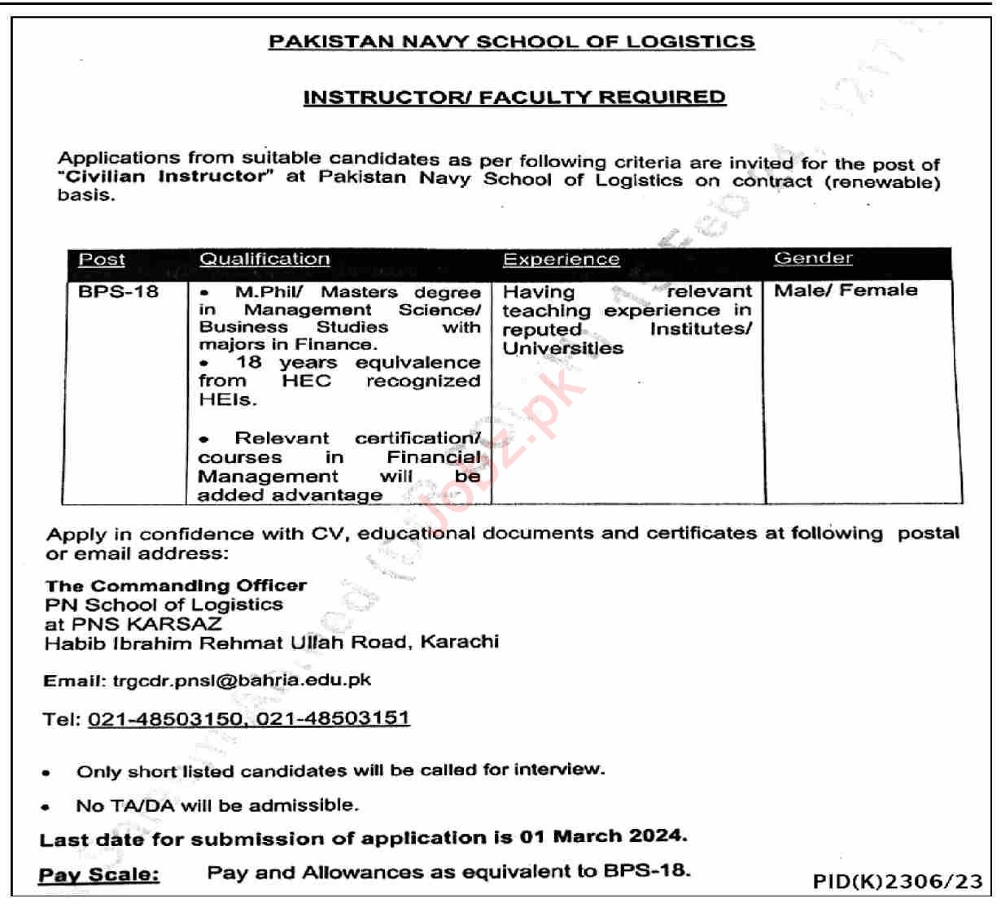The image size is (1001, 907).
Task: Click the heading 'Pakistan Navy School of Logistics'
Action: tap(511, 41)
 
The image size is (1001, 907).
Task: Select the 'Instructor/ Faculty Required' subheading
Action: tap(514, 98)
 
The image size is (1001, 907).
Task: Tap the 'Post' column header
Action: tap(102, 259)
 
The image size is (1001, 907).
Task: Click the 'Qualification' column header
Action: tap(264, 259)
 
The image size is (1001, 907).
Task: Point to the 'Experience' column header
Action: tap(561, 259)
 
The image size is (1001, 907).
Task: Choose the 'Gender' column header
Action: tap(813, 258)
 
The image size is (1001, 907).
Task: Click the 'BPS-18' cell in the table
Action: tap(118, 292)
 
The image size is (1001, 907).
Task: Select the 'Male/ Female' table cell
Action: tap(846, 290)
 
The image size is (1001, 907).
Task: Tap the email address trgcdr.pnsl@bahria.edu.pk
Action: tap(242, 680)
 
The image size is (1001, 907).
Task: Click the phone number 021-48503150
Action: tap(165, 719)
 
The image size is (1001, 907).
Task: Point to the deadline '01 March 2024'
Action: tap(603, 836)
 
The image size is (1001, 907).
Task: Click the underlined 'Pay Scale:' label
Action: tap(99, 875)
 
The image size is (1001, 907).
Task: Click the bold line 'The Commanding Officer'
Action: tap(176, 586)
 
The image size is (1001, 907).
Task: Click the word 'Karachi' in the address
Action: tap(460, 642)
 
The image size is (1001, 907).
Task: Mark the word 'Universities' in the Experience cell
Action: tap(562, 349)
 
